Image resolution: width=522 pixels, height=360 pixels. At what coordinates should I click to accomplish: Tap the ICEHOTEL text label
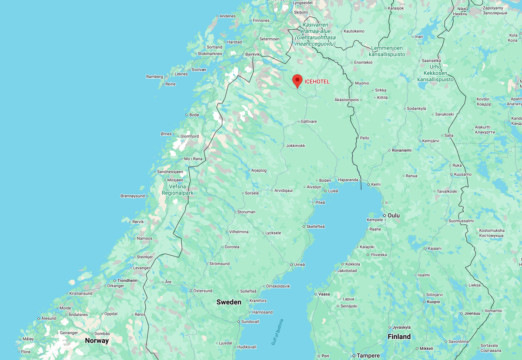pyautogui.click(x=317, y=82)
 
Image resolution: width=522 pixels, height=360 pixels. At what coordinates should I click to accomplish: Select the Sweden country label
pyautogui.click(x=229, y=302)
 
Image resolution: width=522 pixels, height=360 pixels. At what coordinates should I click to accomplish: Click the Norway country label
pyautogui.click(x=97, y=340)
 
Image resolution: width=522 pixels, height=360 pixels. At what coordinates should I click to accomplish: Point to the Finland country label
pyautogui.click(x=399, y=337)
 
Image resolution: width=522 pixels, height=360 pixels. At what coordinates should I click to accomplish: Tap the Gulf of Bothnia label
pyautogui.click(x=277, y=332)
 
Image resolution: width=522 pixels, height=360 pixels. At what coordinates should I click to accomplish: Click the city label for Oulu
pyautogui.click(x=394, y=216)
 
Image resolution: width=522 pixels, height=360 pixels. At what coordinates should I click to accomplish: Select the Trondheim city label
pyautogui.click(x=127, y=281)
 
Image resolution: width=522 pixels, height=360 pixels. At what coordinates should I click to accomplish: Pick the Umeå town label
pyautogui.click(x=300, y=264)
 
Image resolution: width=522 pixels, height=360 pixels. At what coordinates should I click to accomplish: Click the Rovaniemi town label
pyautogui.click(x=402, y=150)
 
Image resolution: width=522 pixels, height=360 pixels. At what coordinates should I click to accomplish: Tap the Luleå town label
pyautogui.click(x=333, y=190)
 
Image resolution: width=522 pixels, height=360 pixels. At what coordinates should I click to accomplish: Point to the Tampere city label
pyautogui.click(x=368, y=356)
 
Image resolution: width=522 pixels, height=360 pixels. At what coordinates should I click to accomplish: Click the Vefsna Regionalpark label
pyautogui.click(x=177, y=190)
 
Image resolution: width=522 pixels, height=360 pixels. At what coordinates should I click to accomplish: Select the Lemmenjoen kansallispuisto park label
pyautogui.click(x=387, y=51)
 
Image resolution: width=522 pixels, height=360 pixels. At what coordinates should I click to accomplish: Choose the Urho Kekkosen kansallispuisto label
pyautogui.click(x=435, y=73)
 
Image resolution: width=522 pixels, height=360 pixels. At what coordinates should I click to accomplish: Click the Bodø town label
pyautogui.click(x=194, y=115)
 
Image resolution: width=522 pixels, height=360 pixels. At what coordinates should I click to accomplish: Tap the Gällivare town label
pyautogui.click(x=309, y=121)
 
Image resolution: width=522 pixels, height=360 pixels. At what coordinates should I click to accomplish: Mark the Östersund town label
pyautogui.click(x=203, y=291)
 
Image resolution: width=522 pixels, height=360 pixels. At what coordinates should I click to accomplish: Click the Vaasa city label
pyautogui.click(x=324, y=294)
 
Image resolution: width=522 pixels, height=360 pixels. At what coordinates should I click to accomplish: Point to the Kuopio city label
pyautogui.click(x=433, y=302)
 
